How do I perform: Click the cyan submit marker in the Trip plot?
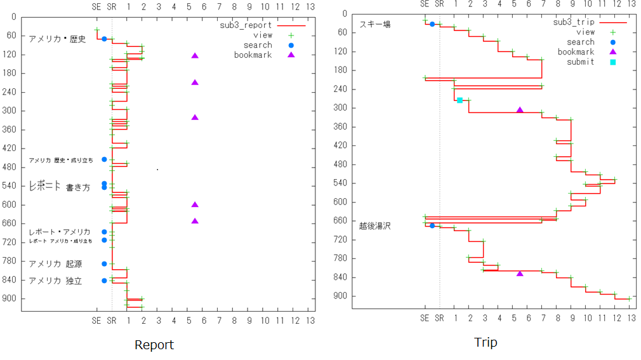pos(459,100)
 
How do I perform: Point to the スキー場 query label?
pos(375,25)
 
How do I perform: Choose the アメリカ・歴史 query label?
pos(57,39)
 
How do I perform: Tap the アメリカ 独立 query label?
pos(55,281)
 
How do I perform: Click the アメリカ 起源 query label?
pos(55,263)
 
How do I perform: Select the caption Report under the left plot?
pos(154,345)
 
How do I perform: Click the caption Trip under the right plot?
pos(486,343)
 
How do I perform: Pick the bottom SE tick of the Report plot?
pos(96,320)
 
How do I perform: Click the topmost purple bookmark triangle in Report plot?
pos(195,56)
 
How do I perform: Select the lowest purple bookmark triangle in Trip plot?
pos(520,274)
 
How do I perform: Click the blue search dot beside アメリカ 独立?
pos(104,281)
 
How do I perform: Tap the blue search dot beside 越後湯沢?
pos(432,225)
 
